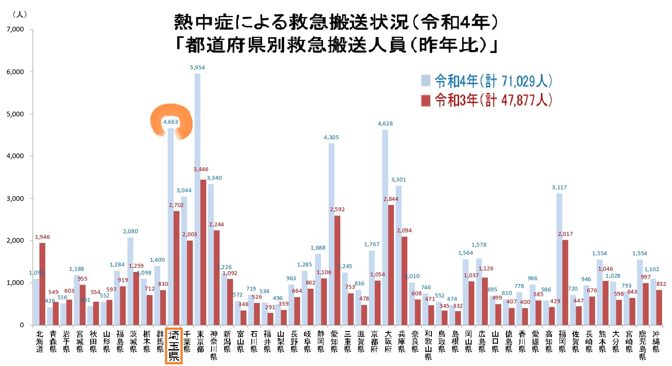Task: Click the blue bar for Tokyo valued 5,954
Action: click(x=197, y=198)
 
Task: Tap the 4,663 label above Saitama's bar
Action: click(x=171, y=122)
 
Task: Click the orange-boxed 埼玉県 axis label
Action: click(x=174, y=345)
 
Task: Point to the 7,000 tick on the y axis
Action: click(x=15, y=29)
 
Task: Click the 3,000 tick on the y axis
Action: click(x=15, y=198)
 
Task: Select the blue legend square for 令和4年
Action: click(x=426, y=81)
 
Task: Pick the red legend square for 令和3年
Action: click(x=426, y=100)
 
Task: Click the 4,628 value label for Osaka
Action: click(x=385, y=124)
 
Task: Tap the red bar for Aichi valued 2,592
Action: click(x=337, y=270)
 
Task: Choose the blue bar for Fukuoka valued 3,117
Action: click(x=559, y=259)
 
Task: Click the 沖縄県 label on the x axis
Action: click(x=656, y=341)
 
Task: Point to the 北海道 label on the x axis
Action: click(x=40, y=341)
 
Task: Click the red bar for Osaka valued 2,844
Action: click(x=391, y=265)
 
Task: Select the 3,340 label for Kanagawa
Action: click(x=214, y=178)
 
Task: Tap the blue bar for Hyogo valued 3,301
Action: click(x=399, y=255)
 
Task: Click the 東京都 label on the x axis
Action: click(x=200, y=341)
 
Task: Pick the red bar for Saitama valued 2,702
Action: click(x=176, y=267)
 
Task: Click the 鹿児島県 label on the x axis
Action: click(x=643, y=344)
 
